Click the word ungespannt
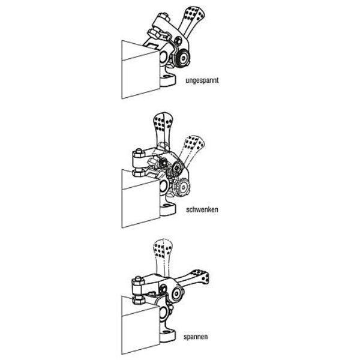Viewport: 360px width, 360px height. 202,80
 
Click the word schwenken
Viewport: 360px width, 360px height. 202,209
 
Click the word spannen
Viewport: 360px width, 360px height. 196,337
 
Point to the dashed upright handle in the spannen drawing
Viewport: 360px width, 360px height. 163,256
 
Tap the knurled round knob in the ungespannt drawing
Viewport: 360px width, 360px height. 182,59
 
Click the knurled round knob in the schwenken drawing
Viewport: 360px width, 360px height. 182,188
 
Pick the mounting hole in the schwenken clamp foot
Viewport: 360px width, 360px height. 167,206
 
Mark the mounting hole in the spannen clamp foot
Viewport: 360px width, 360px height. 167,332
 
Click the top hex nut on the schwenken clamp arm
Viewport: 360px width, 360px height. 139,152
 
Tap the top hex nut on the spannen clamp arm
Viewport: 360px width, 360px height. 138,281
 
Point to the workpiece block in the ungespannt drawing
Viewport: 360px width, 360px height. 140,70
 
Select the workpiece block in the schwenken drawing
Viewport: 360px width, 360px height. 140,199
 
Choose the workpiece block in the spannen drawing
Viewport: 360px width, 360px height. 140,326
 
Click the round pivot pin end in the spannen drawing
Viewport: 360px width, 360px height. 177,293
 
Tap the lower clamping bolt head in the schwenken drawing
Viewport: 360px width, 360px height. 139,173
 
